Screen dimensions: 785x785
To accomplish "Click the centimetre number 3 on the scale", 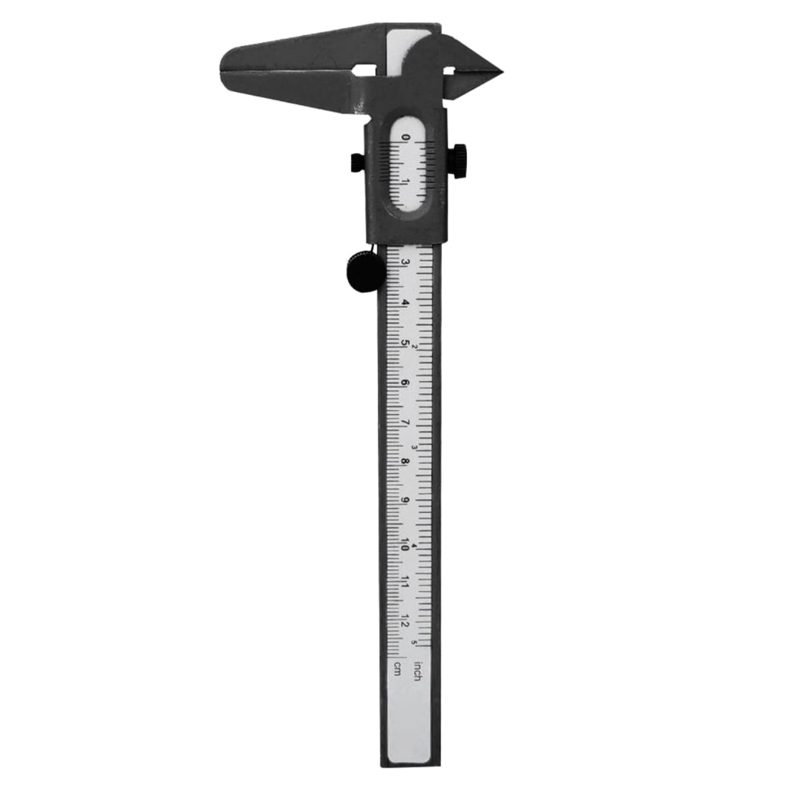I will point(405,262).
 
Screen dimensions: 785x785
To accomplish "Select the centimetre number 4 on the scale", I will point(405,302).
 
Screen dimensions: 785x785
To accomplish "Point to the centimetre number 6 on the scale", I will point(405,383).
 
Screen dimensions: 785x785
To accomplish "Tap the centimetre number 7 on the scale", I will point(405,422).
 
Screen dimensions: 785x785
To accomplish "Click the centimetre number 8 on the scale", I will point(405,462).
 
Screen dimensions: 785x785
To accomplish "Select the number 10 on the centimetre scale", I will point(405,543).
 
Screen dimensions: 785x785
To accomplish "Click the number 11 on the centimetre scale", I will point(405,583).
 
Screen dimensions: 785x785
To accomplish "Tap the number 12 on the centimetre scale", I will point(405,622).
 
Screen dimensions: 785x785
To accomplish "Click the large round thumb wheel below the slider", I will point(366,271).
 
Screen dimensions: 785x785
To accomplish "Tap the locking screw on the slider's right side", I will point(458,161).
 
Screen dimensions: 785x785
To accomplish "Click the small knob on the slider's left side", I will point(357,163).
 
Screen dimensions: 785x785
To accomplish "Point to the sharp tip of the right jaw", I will point(500,73).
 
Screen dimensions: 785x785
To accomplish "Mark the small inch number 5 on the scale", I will point(415,642).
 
